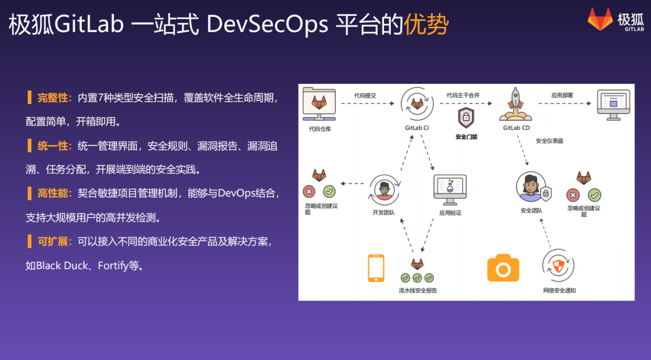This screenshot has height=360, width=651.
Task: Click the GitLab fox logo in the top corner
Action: click(600, 20)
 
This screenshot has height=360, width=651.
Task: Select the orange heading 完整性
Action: click(54, 98)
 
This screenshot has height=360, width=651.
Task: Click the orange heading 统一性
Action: click(54, 146)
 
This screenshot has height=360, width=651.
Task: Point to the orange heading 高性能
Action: click(54, 193)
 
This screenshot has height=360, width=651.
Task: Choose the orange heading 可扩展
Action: click(54, 241)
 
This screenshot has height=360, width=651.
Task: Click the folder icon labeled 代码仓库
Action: click(319, 104)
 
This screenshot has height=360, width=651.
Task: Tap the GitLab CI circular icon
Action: click(417, 104)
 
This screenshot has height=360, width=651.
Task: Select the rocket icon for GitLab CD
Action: click(516, 104)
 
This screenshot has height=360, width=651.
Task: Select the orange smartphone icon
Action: click(376, 268)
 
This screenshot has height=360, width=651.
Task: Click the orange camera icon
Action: click(503, 268)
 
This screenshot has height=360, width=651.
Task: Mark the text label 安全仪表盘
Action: click(549, 141)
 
